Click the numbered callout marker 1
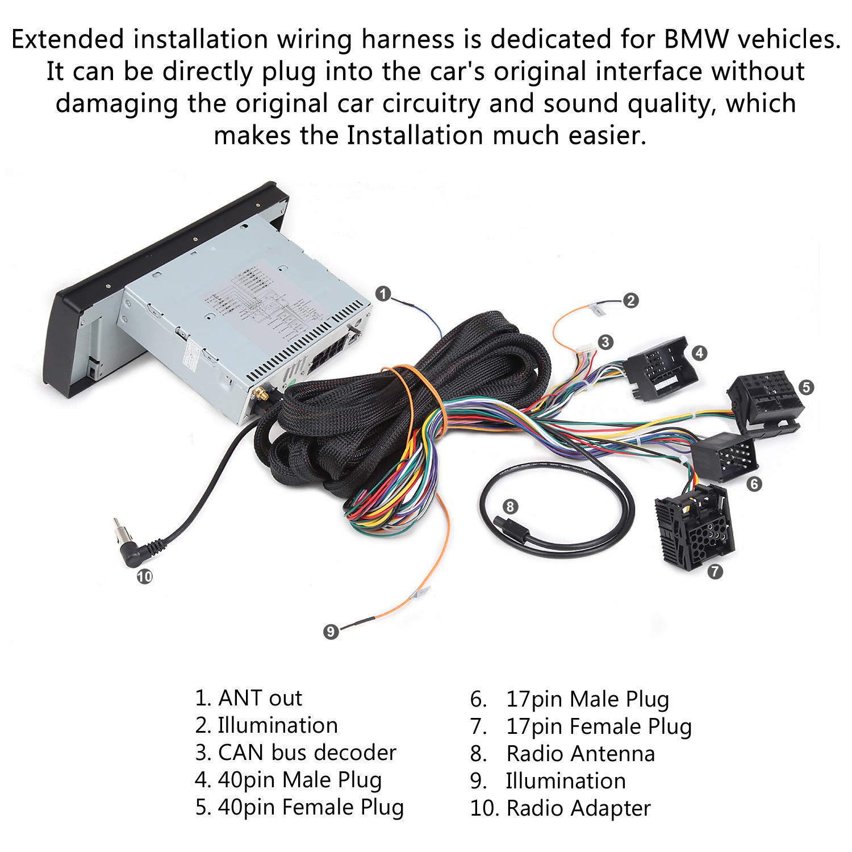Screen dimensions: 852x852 coord(383,294)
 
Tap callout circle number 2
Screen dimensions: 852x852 coord(630,300)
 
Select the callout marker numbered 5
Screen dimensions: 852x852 coord(805,387)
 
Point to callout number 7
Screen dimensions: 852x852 coord(715,571)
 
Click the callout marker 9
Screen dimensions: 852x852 coord(331,631)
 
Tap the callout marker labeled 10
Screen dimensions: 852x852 coord(145,577)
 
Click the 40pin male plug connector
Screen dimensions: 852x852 coord(662,368)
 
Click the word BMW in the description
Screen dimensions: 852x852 coord(696,40)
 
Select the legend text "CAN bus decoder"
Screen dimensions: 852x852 coord(307,753)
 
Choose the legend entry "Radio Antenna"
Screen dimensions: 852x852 coord(580,754)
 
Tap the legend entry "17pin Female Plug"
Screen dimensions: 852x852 coord(599,726)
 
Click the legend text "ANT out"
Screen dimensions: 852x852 coord(260,698)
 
